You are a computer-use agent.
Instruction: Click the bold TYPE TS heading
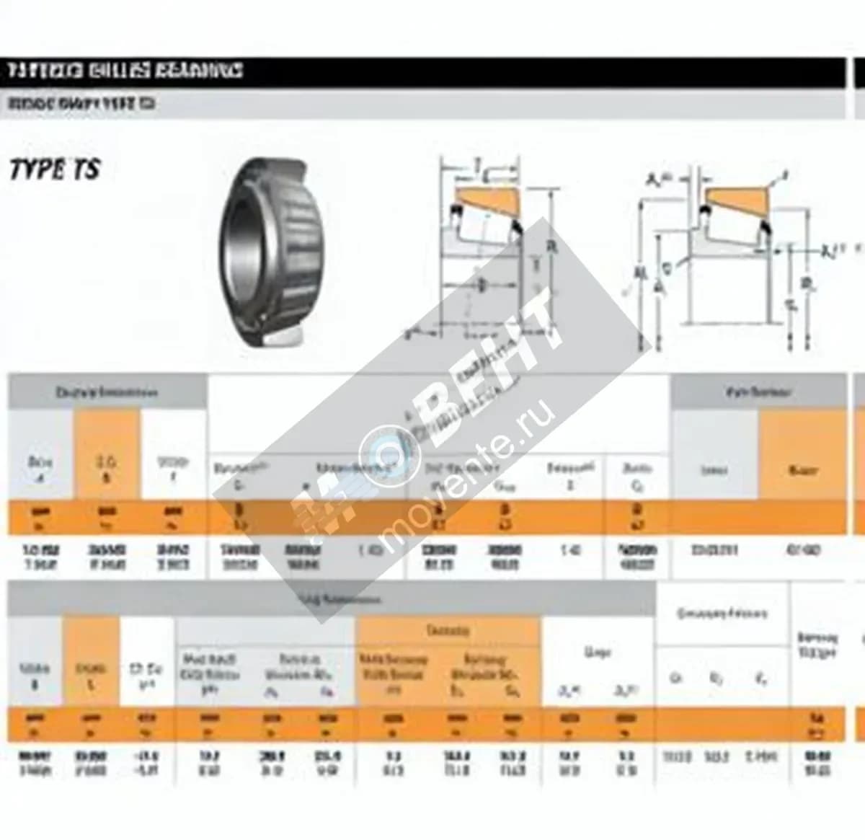click(x=54, y=170)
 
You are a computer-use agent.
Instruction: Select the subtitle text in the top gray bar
click(x=81, y=104)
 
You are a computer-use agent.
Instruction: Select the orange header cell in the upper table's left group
click(x=107, y=454)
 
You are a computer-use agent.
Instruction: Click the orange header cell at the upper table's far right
click(x=802, y=454)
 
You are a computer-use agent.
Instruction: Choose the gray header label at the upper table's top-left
click(x=107, y=393)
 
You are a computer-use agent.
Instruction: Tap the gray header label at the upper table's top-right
click(x=758, y=392)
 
